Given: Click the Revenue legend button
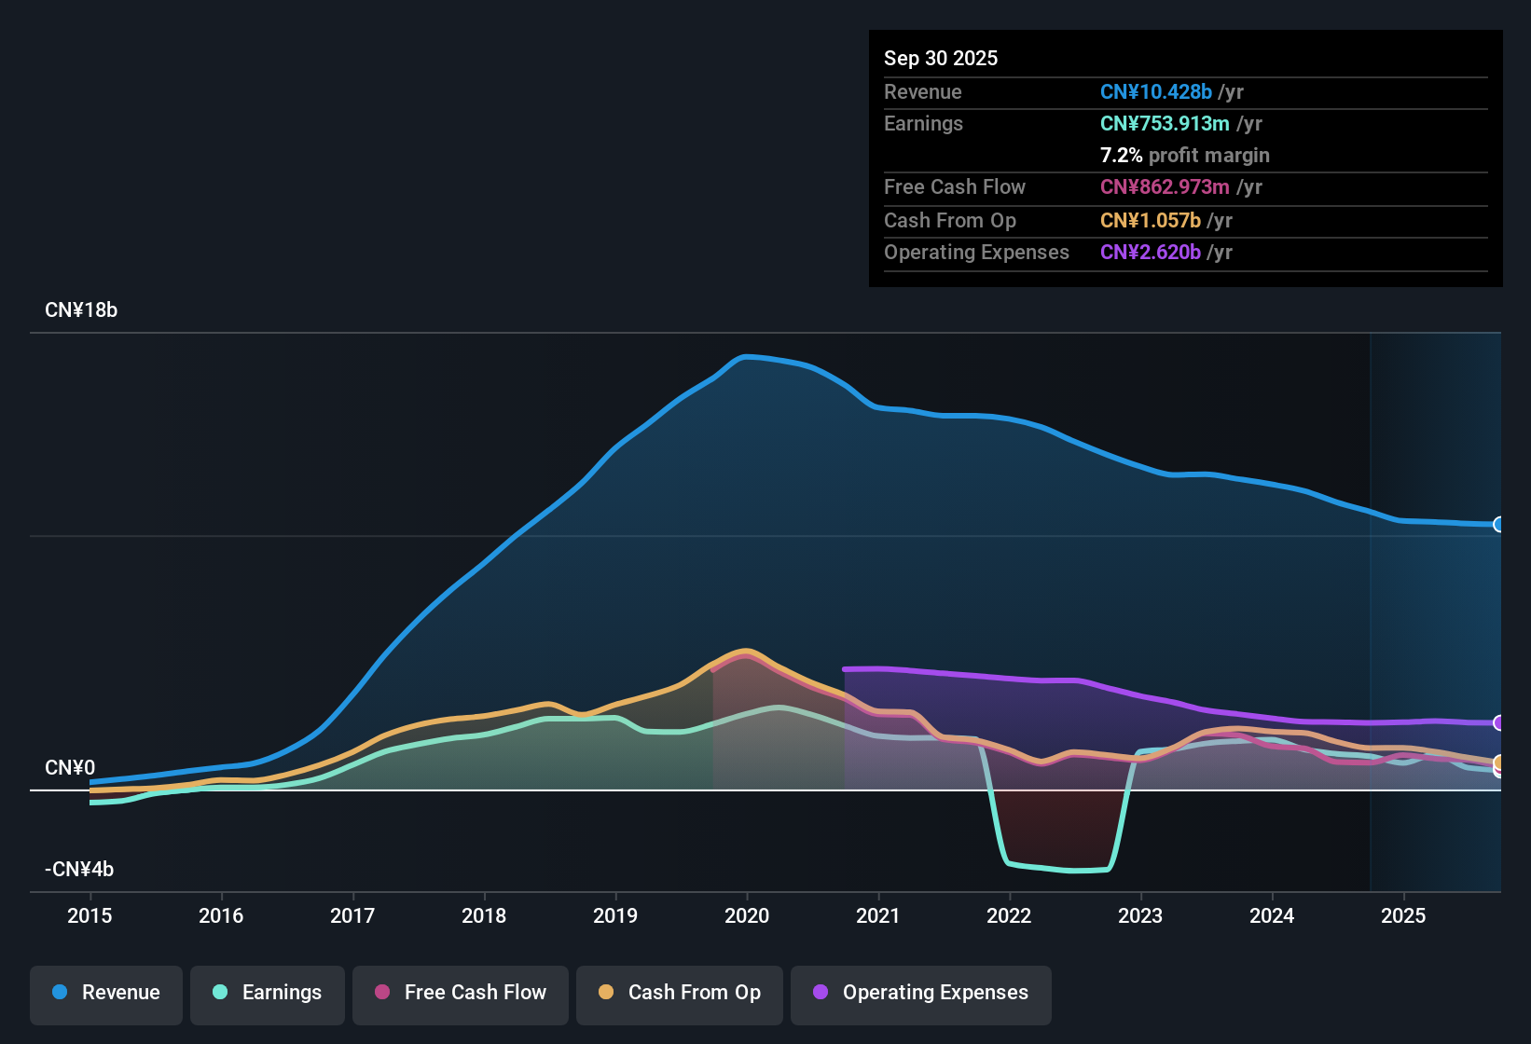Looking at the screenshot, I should [x=106, y=993].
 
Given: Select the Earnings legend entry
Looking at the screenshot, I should [x=268, y=993].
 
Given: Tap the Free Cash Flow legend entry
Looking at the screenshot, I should [x=461, y=993].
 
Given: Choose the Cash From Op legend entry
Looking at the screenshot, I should [x=680, y=993].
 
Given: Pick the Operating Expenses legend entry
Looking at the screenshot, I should [x=921, y=993].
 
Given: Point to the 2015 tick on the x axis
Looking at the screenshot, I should [x=90, y=915].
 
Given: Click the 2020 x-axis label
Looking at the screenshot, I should [x=747, y=915].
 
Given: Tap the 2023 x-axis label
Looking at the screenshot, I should [x=1140, y=915].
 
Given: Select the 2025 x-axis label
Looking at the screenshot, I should [x=1403, y=915].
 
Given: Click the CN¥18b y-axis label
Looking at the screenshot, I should [x=81, y=310].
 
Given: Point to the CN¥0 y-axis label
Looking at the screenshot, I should [x=70, y=768].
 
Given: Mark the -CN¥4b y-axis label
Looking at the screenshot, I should [x=79, y=870].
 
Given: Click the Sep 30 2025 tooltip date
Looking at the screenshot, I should [x=941, y=59].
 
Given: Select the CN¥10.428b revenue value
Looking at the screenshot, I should [x=1156, y=92].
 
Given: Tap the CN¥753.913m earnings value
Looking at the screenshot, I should [x=1165, y=124].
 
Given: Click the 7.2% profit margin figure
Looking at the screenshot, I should [x=1121, y=156].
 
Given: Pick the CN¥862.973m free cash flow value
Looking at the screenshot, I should [x=1165, y=187].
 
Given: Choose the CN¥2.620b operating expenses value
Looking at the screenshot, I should [x=1151, y=253].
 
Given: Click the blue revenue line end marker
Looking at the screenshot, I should [x=1498, y=525].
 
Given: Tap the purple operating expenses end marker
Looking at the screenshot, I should [x=1498, y=722].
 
